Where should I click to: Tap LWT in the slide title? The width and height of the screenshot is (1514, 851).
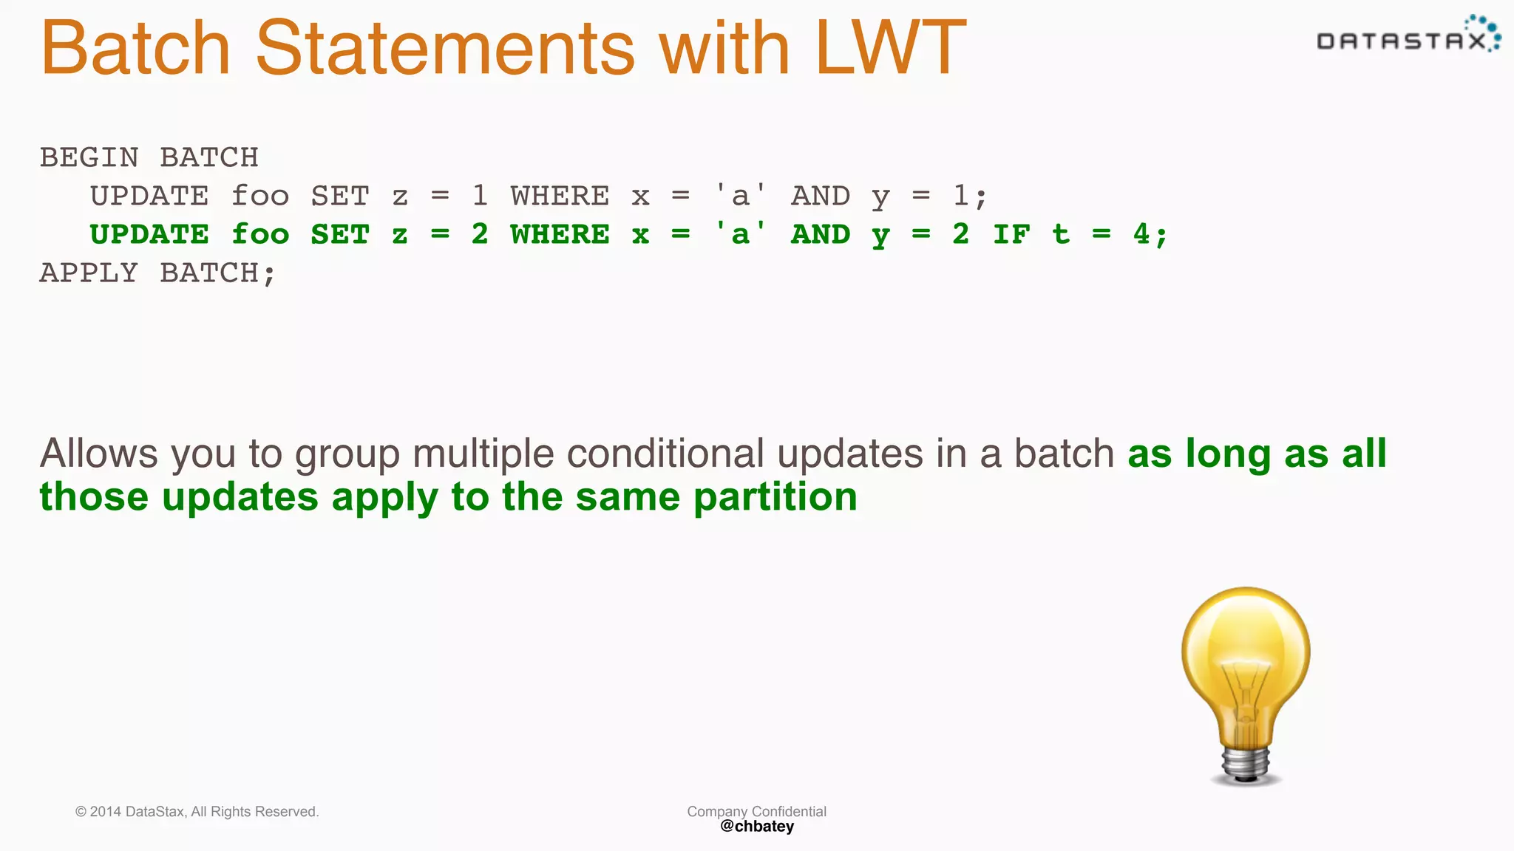click(x=890, y=48)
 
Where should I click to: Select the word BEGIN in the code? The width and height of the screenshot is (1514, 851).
click(x=89, y=158)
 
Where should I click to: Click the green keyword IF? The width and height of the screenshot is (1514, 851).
click(x=1011, y=235)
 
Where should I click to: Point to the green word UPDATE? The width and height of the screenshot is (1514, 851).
click(x=149, y=235)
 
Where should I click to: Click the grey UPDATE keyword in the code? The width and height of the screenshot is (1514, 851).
click(x=149, y=196)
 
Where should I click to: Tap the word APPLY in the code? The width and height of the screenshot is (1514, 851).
click(x=89, y=273)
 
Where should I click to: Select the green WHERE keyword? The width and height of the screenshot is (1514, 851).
click(x=560, y=235)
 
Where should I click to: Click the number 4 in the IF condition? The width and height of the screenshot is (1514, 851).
click(x=1141, y=235)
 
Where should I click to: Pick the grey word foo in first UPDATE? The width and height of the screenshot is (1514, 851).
click(x=260, y=196)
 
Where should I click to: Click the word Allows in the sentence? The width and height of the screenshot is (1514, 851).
click(x=98, y=454)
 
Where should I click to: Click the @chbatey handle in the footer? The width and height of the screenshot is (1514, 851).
click(x=756, y=827)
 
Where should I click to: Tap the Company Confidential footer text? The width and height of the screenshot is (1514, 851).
click(x=756, y=811)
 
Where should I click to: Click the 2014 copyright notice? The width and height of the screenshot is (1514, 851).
click(x=197, y=812)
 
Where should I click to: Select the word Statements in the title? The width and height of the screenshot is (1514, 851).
click(x=444, y=48)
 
